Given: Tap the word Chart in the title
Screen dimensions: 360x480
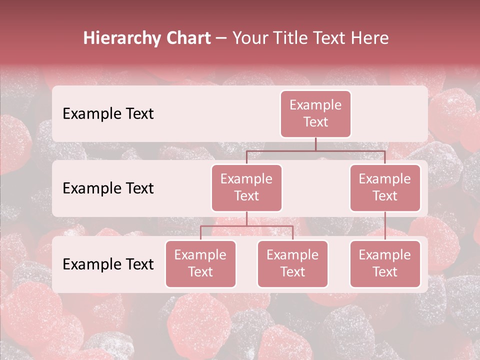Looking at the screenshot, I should coord(187,38).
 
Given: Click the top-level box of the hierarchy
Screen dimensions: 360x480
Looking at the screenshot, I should coord(315,113).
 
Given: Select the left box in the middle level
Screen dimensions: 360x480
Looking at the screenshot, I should coord(246,187).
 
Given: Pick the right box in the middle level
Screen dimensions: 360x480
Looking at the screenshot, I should coord(385,187).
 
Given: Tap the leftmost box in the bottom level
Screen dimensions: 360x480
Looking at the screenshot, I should coord(200,263).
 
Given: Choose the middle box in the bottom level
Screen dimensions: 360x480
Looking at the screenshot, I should coord(292,263).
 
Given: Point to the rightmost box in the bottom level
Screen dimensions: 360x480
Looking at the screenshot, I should coord(385,263).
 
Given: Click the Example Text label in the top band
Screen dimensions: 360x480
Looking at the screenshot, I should coord(108,113).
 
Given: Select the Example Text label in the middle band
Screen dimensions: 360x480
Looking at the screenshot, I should coord(108,188).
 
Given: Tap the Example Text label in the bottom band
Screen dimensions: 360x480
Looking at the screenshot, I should coord(108,264).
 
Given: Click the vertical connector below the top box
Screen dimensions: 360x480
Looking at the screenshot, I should coord(315,144).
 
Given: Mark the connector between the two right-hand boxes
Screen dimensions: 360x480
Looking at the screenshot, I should coord(385,226).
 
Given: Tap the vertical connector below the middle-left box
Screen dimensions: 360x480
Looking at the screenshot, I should coord(246,218).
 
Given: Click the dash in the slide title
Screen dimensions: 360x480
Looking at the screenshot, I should coord(221,38).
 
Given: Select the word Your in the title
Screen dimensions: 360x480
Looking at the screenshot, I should coord(249,38).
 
